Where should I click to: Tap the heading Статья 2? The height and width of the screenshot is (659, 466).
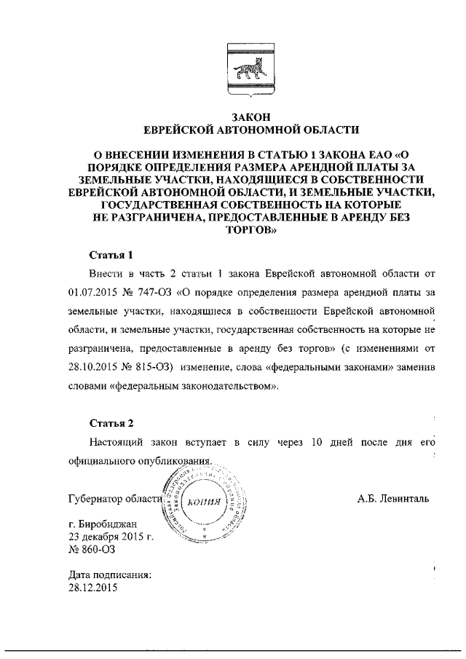[111, 422]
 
